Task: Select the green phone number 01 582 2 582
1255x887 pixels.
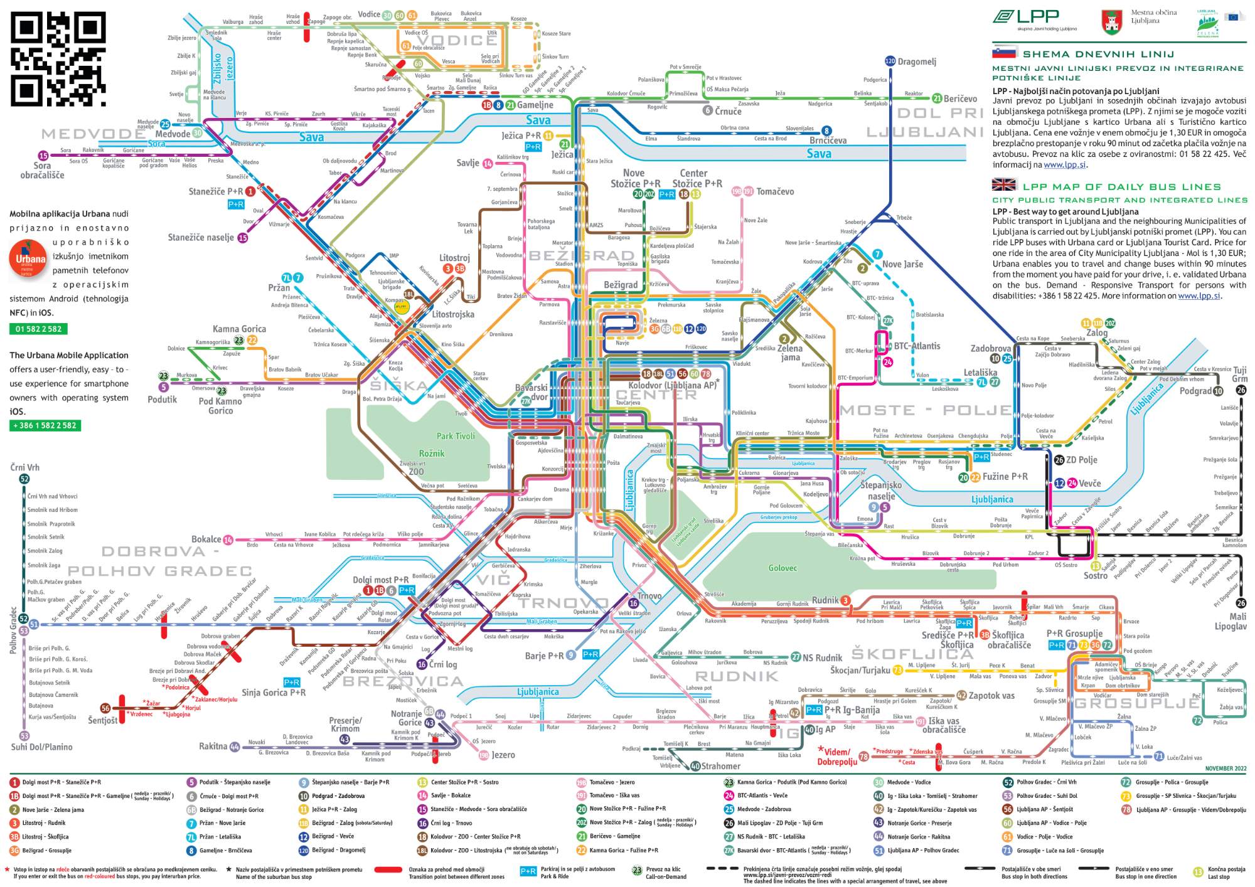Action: coord(38,329)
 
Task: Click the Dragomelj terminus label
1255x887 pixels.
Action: coord(917,61)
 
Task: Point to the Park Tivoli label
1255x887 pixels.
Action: coord(456,436)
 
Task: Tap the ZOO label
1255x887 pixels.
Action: coord(416,472)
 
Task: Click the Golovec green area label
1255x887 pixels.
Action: coord(782,568)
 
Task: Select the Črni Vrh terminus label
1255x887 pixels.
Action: coord(25,467)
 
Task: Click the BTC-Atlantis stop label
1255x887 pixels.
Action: coord(917,346)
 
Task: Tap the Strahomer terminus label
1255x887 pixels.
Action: coord(720,766)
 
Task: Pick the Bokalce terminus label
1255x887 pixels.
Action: coord(206,539)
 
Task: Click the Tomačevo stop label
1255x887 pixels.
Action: coord(775,191)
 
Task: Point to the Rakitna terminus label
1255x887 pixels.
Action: coord(213,746)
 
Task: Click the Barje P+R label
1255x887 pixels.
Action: coord(544,656)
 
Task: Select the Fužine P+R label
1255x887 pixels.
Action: coord(1005,477)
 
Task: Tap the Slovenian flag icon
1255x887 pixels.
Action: coord(1004,53)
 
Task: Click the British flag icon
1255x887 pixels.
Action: coord(1004,184)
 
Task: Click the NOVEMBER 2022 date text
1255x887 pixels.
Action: coord(1226,768)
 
